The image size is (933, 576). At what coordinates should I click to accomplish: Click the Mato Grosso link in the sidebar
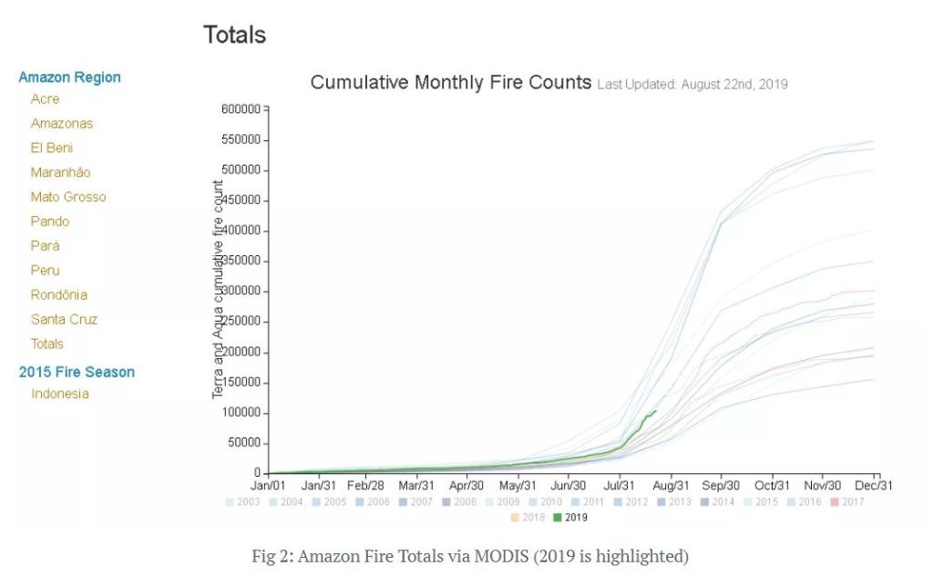(x=68, y=197)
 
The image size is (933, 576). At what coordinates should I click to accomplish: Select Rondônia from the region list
(x=59, y=295)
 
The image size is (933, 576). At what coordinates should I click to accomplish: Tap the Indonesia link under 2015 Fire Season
(x=60, y=394)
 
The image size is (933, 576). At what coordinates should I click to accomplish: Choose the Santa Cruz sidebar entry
(x=64, y=320)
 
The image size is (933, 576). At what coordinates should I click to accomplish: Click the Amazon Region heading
(x=69, y=77)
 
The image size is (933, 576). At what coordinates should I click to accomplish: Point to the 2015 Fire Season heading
(x=77, y=372)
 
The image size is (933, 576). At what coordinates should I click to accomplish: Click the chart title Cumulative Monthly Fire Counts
(x=451, y=82)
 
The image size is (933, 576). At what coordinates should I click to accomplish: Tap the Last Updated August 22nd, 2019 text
(x=692, y=85)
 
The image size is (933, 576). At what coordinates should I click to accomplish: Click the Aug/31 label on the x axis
(x=671, y=486)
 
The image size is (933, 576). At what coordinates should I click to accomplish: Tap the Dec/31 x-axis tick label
(x=873, y=486)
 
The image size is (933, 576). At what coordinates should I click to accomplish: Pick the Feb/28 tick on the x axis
(x=367, y=486)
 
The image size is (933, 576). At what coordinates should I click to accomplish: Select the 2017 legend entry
(x=846, y=502)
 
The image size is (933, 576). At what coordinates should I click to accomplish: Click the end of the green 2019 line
(x=655, y=411)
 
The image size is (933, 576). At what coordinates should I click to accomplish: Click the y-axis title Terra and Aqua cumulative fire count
(x=219, y=289)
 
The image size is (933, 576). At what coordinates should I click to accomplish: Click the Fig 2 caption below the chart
(x=470, y=556)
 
